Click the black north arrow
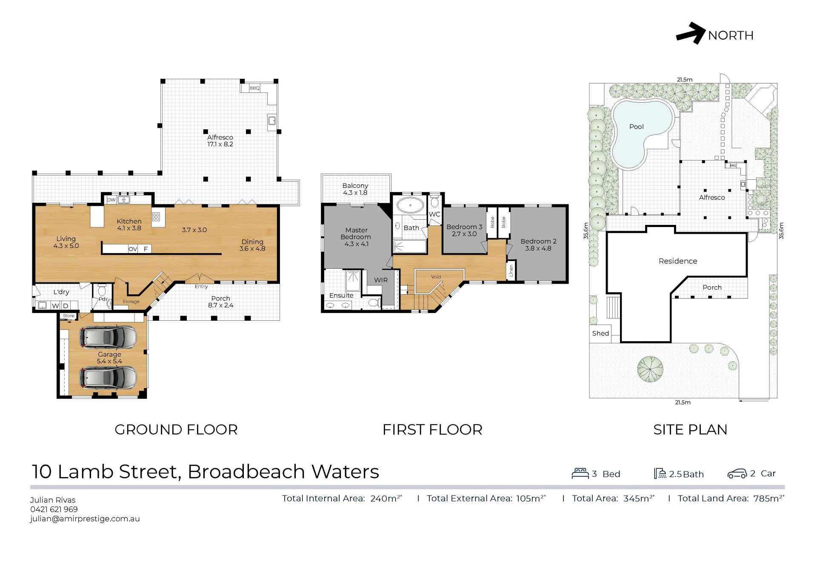[691, 33]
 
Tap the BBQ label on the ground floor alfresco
[254, 88]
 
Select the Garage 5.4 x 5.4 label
[109, 358]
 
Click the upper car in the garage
[109, 337]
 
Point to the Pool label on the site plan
[636, 127]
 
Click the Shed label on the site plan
[600, 334]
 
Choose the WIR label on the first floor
[381, 280]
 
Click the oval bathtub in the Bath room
[410, 205]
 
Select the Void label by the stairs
[436, 277]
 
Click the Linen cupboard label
[511, 270]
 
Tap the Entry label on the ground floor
[201, 287]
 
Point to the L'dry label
[61, 292]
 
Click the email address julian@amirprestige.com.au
[85, 519]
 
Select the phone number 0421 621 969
[54, 509]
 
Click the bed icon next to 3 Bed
[580, 473]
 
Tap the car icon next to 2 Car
[737, 474]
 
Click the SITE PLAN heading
[690, 430]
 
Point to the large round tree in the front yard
[650, 369]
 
